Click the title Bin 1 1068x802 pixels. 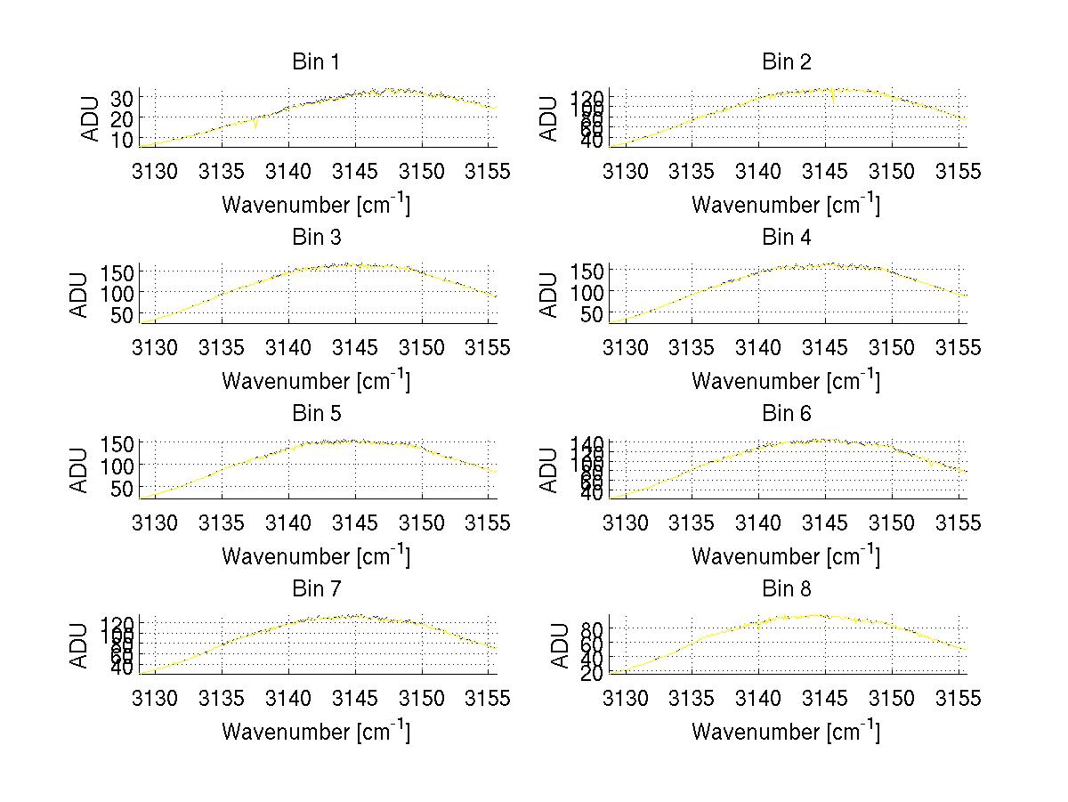(x=316, y=61)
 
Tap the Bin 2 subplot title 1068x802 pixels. (x=786, y=61)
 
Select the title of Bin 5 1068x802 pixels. (x=316, y=413)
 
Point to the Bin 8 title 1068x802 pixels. (x=786, y=588)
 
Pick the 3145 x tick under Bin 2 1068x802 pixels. (x=825, y=171)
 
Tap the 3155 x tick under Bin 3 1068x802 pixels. (x=489, y=346)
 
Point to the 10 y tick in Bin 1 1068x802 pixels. (x=122, y=140)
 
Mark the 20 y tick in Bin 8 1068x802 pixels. (x=592, y=673)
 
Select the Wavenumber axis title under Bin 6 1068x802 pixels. (x=786, y=556)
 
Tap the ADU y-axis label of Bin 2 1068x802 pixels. (x=549, y=118)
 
